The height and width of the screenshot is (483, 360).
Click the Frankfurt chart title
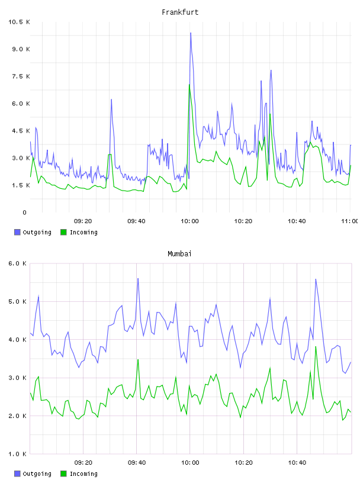click(x=180, y=12)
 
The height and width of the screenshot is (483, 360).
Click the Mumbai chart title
click(x=179, y=254)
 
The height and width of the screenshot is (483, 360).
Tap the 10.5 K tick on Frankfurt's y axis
click(x=19, y=22)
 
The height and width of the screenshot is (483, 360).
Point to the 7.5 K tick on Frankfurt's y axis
click(x=21, y=76)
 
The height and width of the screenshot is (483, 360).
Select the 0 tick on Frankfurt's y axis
click(x=24, y=212)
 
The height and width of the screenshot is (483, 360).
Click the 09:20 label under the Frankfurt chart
click(x=83, y=221)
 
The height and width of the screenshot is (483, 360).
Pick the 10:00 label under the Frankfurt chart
click(x=189, y=221)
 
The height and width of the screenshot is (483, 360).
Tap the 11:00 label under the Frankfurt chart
click(x=350, y=221)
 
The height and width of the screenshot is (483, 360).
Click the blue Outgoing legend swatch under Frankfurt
click(x=17, y=232)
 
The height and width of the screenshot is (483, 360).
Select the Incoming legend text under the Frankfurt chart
click(x=83, y=232)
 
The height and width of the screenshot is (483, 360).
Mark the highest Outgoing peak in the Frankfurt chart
click(x=191, y=33)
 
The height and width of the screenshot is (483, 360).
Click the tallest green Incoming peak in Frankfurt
click(x=189, y=85)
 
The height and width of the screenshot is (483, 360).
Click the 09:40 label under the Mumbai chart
click(x=137, y=463)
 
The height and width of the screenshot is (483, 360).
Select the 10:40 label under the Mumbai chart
click(x=297, y=463)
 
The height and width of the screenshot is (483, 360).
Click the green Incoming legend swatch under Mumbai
click(x=63, y=474)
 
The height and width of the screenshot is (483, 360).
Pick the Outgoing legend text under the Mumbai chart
click(x=37, y=474)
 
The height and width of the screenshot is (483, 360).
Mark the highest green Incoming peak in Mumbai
click(x=316, y=346)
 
